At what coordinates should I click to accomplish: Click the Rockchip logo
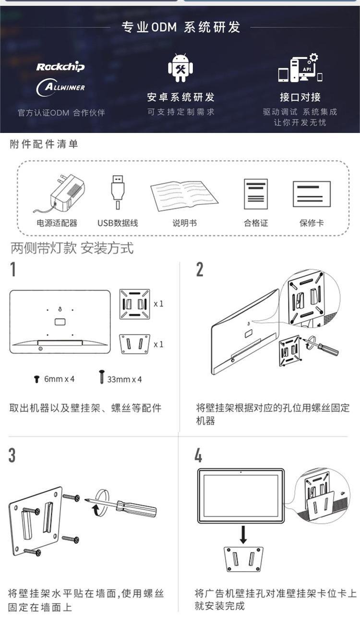[60, 67]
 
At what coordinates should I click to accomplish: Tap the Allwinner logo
[60, 87]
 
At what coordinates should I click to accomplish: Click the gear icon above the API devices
[314, 58]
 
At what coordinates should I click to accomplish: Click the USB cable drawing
[118, 192]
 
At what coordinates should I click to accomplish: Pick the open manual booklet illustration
[184, 195]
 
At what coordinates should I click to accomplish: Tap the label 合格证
[256, 223]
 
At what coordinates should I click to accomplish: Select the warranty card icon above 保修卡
[312, 194]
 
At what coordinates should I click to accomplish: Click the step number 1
[13, 269]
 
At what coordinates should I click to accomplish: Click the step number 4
[198, 456]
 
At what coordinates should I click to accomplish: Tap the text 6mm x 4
[59, 379]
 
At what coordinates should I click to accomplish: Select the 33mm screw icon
[102, 377]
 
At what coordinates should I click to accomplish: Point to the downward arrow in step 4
[243, 535]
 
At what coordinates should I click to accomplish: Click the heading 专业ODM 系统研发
[181, 27]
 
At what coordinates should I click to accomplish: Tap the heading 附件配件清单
[44, 144]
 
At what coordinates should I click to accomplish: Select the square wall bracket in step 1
[134, 304]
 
